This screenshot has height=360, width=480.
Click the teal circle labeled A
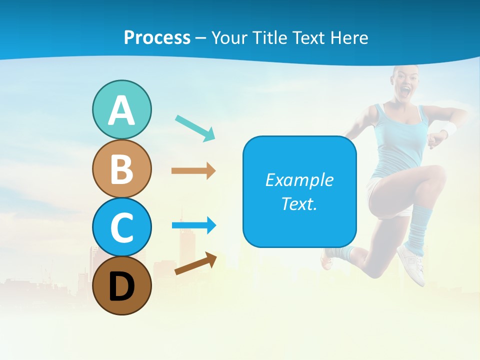121,109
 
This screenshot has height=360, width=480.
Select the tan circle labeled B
121,168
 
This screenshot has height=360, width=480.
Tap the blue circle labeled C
121,227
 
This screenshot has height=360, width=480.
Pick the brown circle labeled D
121,285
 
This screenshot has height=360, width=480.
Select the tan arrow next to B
193,170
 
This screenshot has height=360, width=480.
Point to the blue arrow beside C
193,225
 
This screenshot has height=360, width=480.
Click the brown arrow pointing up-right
195,263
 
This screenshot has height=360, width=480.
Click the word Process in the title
157,37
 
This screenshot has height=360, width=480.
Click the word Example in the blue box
299,180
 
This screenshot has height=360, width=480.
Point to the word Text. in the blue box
299,203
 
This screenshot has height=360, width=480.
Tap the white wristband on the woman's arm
449,128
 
